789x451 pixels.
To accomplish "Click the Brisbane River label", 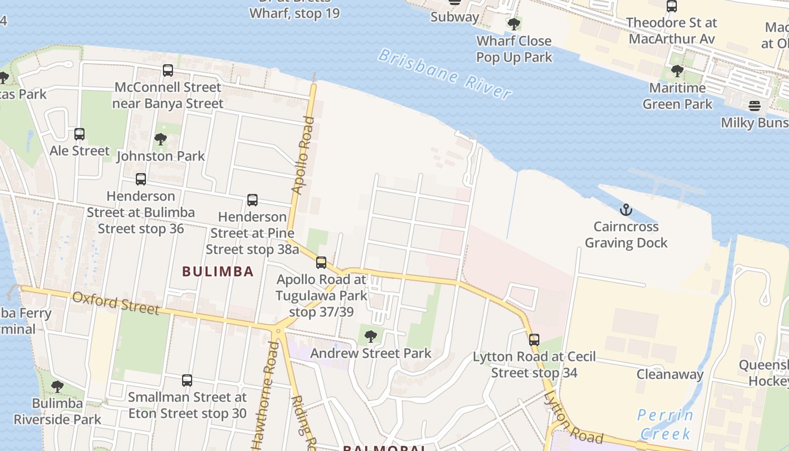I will tap(445, 74).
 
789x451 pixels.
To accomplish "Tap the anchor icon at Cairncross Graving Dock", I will tap(626, 210).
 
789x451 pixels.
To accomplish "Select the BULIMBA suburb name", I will tap(218, 271).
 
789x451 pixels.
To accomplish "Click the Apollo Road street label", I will tap(302, 155).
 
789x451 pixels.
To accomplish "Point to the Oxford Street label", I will tap(116, 303).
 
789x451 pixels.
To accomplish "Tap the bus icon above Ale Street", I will tap(79, 134).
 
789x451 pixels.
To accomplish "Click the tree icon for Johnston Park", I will tap(161, 139).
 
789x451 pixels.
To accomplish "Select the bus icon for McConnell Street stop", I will tap(168, 70).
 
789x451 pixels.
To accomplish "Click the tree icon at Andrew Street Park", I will tap(371, 337).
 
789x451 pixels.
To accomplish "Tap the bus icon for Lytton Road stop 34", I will tap(534, 340).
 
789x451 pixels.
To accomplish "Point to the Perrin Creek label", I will tap(665, 425).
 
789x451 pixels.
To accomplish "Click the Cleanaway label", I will tap(670, 374).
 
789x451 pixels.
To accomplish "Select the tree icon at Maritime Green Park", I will tap(677, 71).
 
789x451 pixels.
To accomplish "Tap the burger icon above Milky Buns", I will tap(754, 106).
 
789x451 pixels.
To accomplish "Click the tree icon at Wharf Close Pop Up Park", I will tap(513, 24).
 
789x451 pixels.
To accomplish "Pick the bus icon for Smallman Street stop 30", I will tap(187, 381).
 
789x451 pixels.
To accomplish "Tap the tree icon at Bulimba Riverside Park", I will tap(57, 387).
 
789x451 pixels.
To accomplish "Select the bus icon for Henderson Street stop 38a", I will tap(252, 200).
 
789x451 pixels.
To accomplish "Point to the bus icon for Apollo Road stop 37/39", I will tap(321, 262).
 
